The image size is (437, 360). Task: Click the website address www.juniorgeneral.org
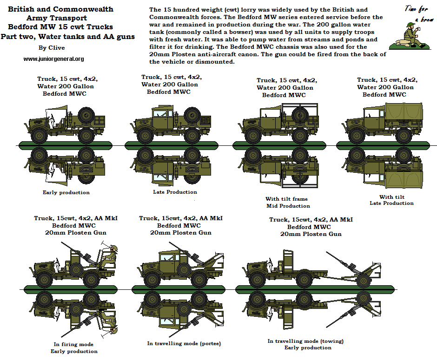click(53, 59)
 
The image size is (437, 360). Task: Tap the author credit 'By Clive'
click(52, 47)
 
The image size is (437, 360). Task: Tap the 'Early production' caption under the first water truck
click(66, 192)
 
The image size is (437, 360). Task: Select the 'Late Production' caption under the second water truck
click(175, 192)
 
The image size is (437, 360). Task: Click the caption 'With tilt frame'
click(286, 199)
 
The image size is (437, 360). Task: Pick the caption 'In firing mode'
click(73, 344)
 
